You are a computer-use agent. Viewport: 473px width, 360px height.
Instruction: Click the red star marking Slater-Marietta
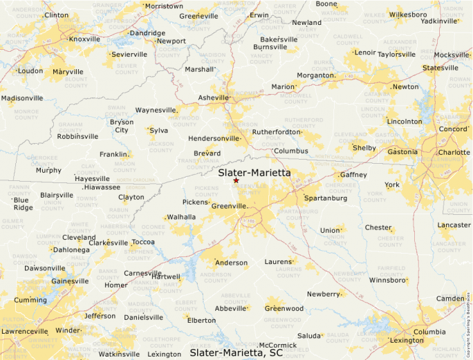click(236, 180)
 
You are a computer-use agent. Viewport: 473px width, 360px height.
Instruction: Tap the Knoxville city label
click(84, 39)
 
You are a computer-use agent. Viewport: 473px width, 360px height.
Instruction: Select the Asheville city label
click(213, 98)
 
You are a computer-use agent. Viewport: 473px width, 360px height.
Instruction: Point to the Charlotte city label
click(454, 153)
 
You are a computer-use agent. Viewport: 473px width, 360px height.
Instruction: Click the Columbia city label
click(430, 332)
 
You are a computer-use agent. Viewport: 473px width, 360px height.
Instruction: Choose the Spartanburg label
click(326, 198)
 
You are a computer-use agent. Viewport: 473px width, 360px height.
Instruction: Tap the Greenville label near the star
click(229, 206)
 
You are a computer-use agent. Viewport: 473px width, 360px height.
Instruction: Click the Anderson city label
click(232, 263)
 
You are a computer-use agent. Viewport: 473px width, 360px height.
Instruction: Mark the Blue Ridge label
click(23, 204)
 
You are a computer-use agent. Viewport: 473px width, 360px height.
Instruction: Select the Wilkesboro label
click(407, 14)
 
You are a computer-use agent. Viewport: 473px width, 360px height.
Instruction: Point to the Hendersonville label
click(204, 138)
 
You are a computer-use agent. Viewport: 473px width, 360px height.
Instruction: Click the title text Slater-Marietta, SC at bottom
click(236, 352)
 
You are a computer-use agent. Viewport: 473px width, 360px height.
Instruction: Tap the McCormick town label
click(277, 345)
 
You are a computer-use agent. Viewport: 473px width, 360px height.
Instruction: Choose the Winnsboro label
click(387, 281)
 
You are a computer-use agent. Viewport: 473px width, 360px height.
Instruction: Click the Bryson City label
click(122, 126)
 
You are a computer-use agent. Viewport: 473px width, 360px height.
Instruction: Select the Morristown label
click(164, 6)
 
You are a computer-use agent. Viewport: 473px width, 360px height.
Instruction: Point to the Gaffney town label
click(353, 175)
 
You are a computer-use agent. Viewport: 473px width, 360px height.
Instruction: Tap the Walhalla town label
click(182, 217)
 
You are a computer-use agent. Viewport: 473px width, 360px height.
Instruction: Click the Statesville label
click(440, 68)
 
